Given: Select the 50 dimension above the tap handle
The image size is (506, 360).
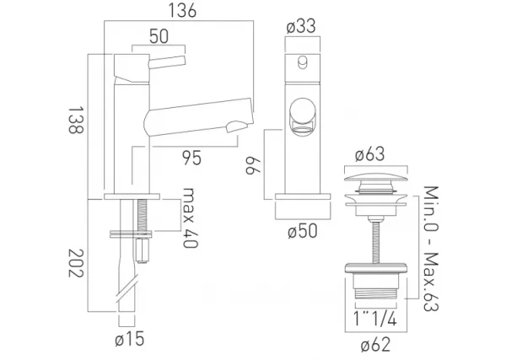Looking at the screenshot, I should point(157,37).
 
